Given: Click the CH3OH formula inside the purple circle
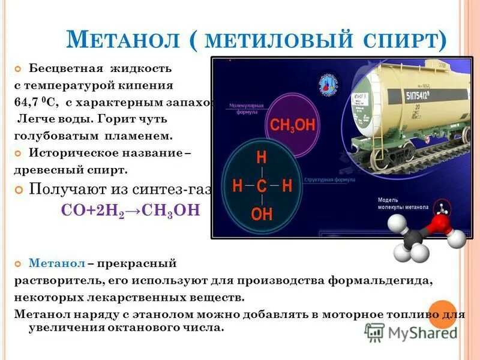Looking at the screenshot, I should click(292, 125).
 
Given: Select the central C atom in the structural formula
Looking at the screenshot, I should click(262, 187).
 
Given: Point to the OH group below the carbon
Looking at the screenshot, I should click(262, 214).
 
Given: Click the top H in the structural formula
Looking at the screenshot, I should click(262, 158).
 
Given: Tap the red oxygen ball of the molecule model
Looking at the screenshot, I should click(440, 224).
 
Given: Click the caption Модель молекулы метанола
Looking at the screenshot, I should click(403, 203).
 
